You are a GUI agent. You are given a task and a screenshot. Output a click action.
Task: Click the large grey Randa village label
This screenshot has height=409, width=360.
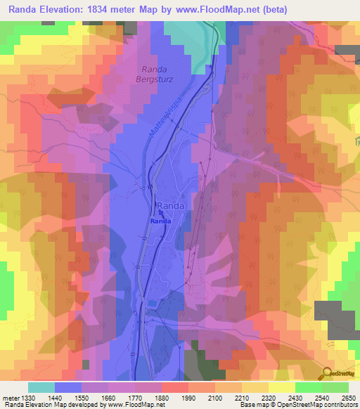coord(172,205)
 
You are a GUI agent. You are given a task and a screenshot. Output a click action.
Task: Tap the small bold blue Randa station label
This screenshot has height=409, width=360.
coord(158,221)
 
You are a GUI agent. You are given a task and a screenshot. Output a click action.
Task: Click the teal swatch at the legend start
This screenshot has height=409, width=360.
coord(41,387)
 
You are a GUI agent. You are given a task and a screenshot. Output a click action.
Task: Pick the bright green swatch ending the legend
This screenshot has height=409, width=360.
coord(335,387)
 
